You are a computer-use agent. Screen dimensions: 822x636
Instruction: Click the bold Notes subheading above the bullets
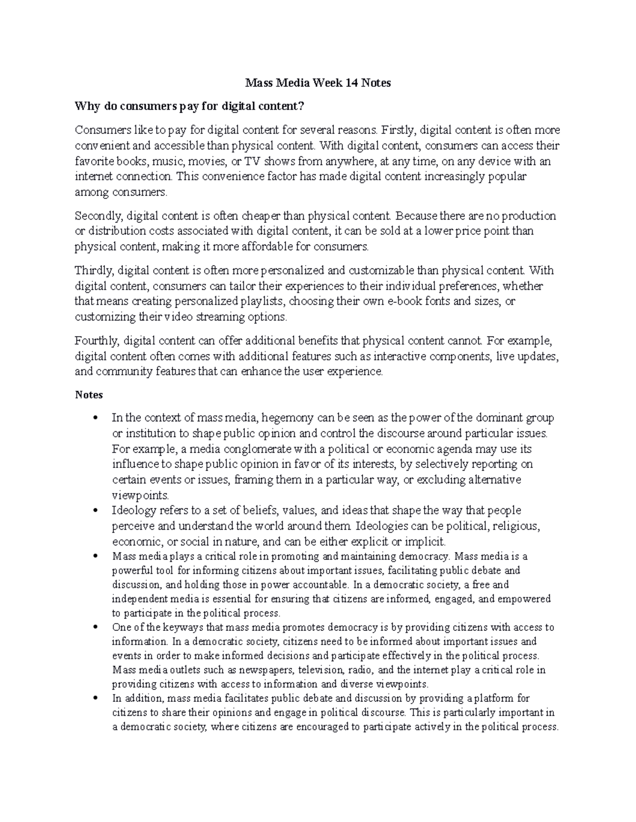(x=89, y=395)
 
